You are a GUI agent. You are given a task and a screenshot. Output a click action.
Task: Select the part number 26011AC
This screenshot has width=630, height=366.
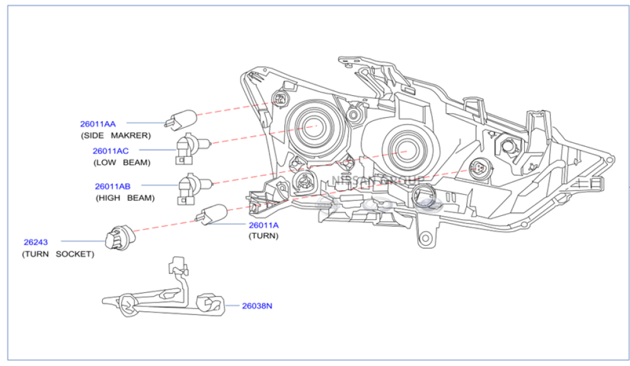110,151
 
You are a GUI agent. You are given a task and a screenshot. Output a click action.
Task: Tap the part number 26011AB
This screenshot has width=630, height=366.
113,186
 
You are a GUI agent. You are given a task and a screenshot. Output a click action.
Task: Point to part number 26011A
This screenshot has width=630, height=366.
263,225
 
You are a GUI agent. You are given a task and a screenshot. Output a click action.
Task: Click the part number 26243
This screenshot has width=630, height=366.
36,242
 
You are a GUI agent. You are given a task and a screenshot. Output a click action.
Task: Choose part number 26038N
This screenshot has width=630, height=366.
257,306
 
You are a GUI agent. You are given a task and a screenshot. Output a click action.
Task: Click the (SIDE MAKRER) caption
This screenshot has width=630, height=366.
115,135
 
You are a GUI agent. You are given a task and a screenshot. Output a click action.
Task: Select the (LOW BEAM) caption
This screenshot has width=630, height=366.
122,162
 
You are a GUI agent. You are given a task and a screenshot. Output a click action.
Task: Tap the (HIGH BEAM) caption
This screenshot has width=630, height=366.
125,197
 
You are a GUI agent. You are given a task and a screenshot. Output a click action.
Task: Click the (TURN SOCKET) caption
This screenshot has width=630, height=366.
58,254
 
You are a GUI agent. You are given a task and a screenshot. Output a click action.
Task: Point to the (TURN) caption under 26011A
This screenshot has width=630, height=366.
263,236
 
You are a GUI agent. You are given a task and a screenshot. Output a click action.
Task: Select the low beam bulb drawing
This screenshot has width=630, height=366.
187,149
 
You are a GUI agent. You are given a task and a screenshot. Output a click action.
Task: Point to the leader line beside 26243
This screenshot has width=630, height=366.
83,241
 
